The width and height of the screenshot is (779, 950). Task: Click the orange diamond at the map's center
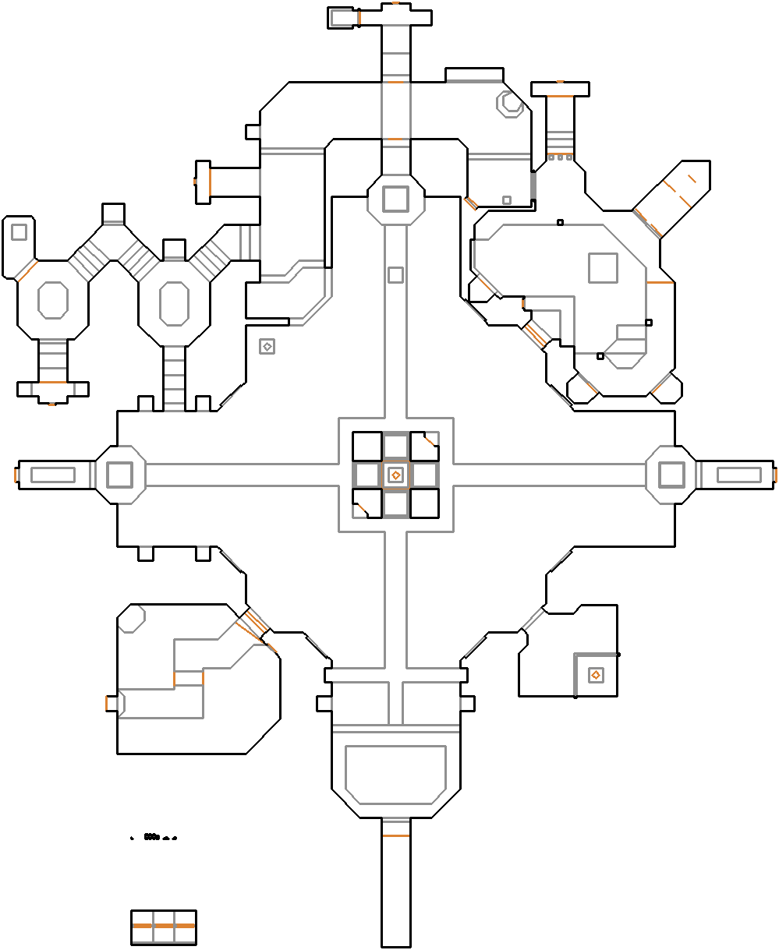[x=395, y=475]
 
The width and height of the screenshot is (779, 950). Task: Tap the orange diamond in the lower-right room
[x=595, y=675]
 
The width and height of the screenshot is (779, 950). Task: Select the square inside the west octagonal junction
[x=119, y=475]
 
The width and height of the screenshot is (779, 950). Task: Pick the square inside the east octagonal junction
[x=671, y=475]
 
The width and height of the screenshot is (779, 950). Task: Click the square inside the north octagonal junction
[x=395, y=198]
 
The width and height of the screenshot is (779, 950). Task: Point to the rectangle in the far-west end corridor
[x=52, y=475]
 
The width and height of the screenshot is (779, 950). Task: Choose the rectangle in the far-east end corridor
[x=738, y=475]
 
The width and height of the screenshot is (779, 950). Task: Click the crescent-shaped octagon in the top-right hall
[x=512, y=103]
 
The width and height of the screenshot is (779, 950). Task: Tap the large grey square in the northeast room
[x=603, y=267]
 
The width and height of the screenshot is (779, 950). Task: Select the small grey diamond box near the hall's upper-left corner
[x=267, y=346]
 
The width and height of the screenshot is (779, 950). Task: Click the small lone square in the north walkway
[x=395, y=275]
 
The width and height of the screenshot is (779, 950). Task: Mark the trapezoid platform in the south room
[x=395, y=775]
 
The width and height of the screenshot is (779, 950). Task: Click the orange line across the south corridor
[x=395, y=836]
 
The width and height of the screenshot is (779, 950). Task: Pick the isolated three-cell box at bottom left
[x=163, y=927]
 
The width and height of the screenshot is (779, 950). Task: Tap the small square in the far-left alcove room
[x=19, y=232]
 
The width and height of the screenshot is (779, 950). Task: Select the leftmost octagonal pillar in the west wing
[x=53, y=300]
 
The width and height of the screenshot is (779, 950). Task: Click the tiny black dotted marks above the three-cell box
[x=154, y=838]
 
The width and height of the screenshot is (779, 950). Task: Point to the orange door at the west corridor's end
[x=16, y=475]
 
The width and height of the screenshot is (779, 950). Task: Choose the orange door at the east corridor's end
[x=775, y=475]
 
